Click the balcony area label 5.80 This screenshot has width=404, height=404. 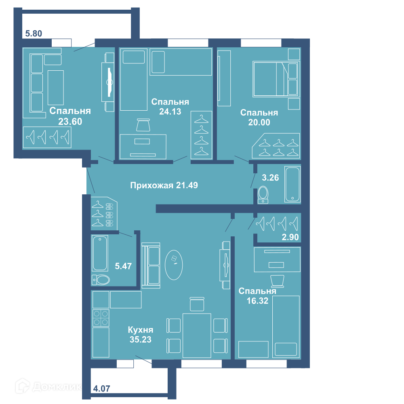[x=34, y=34]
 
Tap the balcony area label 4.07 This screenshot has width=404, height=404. [x=101, y=388]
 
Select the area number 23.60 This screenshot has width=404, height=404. [x=70, y=121]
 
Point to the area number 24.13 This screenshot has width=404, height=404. [x=170, y=112]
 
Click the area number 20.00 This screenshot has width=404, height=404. [x=259, y=122]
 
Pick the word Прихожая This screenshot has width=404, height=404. [x=151, y=185]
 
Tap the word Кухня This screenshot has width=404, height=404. [x=141, y=330]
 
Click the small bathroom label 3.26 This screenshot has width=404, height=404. [x=270, y=177]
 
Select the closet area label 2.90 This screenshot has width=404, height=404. [x=290, y=237]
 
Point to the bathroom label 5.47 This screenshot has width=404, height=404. [x=123, y=266]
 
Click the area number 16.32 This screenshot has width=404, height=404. [x=257, y=301]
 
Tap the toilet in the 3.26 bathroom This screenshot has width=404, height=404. [x=263, y=195]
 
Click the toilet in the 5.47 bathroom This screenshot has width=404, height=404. [x=101, y=280]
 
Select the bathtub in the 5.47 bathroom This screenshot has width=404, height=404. [x=100, y=253]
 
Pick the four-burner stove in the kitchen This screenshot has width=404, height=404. [x=101, y=318]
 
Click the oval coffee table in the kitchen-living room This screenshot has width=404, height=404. [x=174, y=265]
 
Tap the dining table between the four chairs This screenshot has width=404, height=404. [x=197, y=335]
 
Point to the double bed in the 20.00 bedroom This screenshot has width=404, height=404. [x=276, y=79]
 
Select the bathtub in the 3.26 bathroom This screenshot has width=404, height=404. [x=292, y=184]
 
